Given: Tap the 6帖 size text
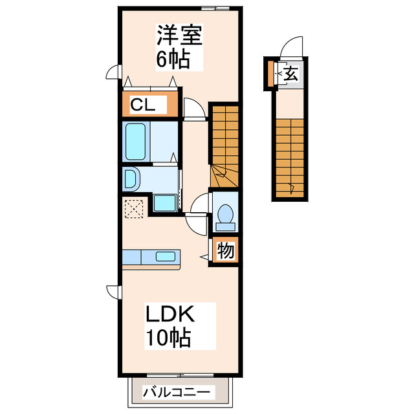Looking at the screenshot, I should (x=172, y=60).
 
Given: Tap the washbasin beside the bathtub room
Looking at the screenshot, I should (x=131, y=179).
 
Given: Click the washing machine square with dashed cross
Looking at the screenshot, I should (x=135, y=209).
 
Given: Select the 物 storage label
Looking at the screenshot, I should (x=225, y=250).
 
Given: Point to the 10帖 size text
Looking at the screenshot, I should (x=168, y=337).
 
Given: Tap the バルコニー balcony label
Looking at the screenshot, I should (x=177, y=392).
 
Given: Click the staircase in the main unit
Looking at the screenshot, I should (x=224, y=146).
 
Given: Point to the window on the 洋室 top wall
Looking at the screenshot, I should (x=216, y=8).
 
